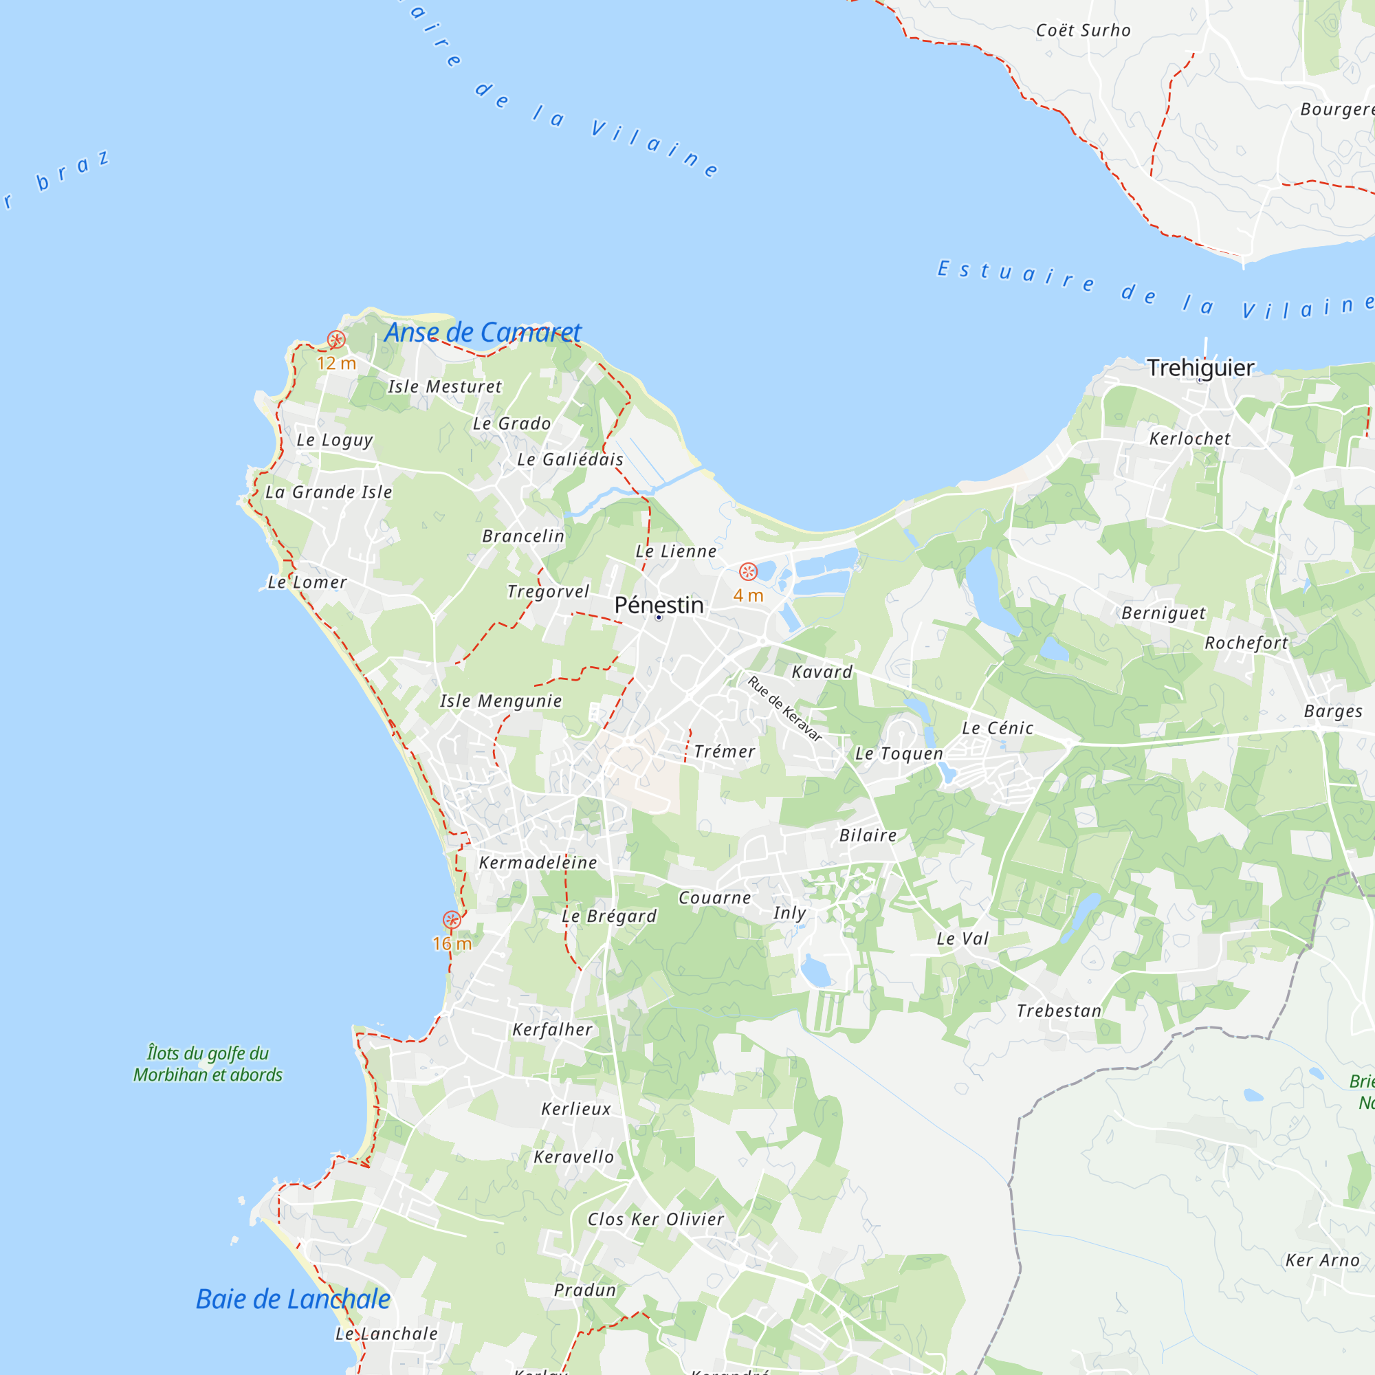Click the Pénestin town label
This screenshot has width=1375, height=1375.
click(659, 605)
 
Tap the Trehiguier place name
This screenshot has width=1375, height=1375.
click(1200, 368)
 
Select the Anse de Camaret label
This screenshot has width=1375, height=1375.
click(483, 332)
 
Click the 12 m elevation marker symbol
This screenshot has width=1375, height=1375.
click(336, 340)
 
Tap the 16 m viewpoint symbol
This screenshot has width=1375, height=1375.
click(451, 921)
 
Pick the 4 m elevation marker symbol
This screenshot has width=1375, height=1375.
click(748, 571)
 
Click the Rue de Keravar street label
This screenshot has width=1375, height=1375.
click(784, 709)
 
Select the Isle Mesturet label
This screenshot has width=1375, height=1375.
click(444, 386)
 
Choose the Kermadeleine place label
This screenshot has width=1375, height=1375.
click(538, 863)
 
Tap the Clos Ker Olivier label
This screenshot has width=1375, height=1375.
click(655, 1219)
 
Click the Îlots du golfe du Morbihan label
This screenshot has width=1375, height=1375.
click(208, 1064)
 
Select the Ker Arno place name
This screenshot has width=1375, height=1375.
click(1322, 1260)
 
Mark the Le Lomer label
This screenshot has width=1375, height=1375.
click(307, 582)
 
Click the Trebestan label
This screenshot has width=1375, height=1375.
click(1059, 1011)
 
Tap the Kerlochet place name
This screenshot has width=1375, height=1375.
click(1189, 439)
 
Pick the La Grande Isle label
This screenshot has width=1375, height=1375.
click(328, 492)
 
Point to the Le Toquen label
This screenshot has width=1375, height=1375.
click(899, 753)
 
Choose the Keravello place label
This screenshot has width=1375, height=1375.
click(573, 1157)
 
